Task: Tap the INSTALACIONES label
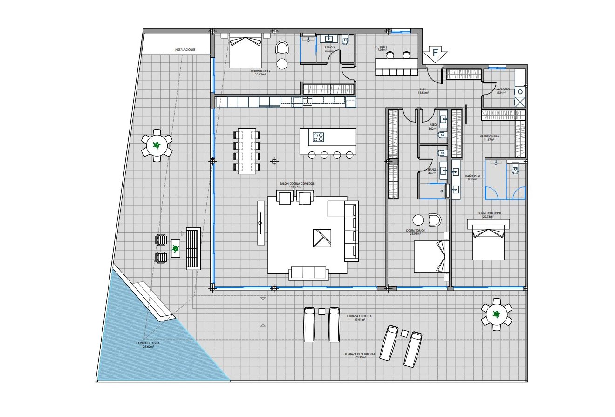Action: (x=185, y=49)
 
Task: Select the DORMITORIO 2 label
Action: (x=260, y=71)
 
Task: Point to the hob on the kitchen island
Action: (x=319, y=137)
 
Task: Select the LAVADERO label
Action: (x=502, y=89)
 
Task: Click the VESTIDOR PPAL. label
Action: (x=490, y=137)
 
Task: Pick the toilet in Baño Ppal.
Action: (x=515, y=169)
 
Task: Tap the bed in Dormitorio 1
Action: (x=431, y=257)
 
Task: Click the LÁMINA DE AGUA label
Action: (x=148, y=343)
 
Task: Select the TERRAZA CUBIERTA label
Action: (x=359, y=316)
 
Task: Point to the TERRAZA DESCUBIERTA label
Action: (x=360, y=354)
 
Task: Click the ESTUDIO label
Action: (x=381, y=47)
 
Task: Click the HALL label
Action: (x=423, y=89)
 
